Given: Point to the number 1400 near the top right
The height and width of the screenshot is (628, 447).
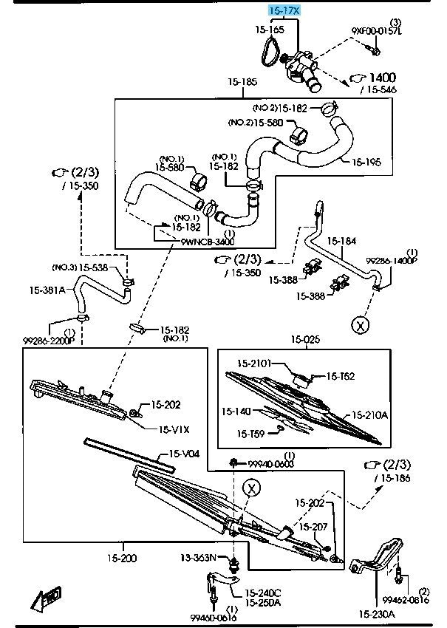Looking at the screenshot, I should click(x=382, y=77).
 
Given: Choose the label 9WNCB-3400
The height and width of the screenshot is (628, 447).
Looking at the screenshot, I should click(x=208, y=242).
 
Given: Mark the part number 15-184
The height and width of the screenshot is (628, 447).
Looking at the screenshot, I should click(x=341, y=241).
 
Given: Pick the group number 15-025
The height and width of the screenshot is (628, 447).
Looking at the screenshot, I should click(x=305, y=340).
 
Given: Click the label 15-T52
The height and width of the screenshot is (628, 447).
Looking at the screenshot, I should click(x=341, y=376).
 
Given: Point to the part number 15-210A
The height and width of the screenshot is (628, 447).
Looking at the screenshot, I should click(x=369, y=415).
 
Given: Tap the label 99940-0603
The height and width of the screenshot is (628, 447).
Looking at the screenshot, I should click(x=270, y=463).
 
